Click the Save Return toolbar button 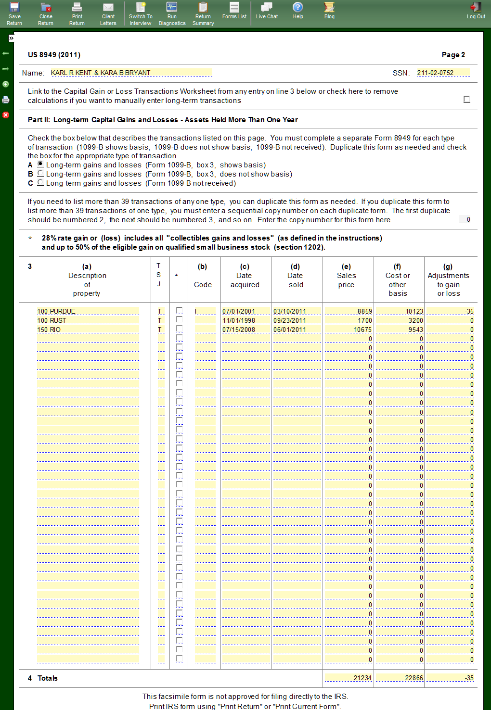14,13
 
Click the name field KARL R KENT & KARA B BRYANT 131,73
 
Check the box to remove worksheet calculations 466,99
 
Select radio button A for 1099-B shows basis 40,165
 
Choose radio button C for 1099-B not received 40,183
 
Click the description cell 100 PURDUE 88,311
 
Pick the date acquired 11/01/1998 246,320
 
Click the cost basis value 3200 400,320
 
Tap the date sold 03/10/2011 297,311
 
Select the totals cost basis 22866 400,678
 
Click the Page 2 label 453,55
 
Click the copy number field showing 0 465,219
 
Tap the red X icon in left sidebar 6,115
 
